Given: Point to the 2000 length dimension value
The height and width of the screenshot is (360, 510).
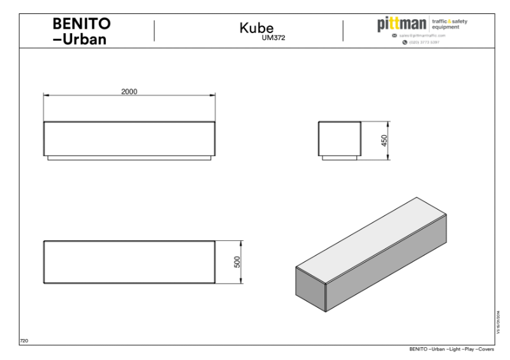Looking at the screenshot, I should pyautogui.click(x=129, y=90).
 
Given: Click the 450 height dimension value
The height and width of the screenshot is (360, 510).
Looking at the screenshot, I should pyautogui.click(x=384, y=140).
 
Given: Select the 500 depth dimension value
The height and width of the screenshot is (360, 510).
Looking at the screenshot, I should pyautogui.click(x=237, y=261).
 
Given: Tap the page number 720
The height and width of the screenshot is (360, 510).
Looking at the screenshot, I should pyautogui.click(x=24, y=341).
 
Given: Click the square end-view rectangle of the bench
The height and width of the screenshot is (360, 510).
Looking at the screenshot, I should pyautogui.click(x=340, y=138).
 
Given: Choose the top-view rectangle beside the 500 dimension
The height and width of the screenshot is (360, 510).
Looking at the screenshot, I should pyautogui.click(x=129, y=261).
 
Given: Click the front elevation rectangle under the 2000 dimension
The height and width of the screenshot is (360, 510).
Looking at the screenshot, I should pyautogui.click(x=129, y=138).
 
